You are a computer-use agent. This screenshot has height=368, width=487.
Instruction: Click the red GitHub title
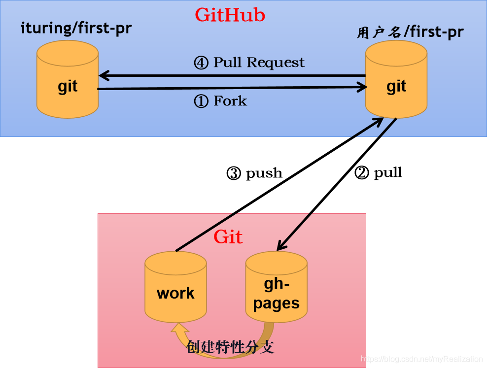tap(230, 15)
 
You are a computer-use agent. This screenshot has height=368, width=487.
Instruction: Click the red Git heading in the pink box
tap(228, 237)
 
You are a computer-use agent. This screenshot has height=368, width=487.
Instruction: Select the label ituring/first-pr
tap(76, 28)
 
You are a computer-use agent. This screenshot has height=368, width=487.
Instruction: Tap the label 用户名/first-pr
tap(410, 32)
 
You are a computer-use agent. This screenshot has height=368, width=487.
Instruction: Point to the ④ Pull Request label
tap(249, 63)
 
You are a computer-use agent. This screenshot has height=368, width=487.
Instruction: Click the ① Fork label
tap(220, 101)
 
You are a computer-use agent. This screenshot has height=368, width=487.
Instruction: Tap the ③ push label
tap(254, 173)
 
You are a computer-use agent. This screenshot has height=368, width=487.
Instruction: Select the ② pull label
tap(379, 172)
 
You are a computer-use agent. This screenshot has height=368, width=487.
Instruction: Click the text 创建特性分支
tap(230, 347)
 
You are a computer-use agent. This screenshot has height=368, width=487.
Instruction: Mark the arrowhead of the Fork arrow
tap(363, 87)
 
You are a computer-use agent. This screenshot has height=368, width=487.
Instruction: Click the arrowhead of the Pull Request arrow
tap(103, 76)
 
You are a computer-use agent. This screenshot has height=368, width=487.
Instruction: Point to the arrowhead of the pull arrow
tap(281, 246)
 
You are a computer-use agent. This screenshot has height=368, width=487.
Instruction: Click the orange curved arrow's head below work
tap(178, 329)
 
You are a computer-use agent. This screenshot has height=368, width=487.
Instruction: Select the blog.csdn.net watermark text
tap(422, 359)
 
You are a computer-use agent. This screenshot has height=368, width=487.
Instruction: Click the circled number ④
tap(201, 63)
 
